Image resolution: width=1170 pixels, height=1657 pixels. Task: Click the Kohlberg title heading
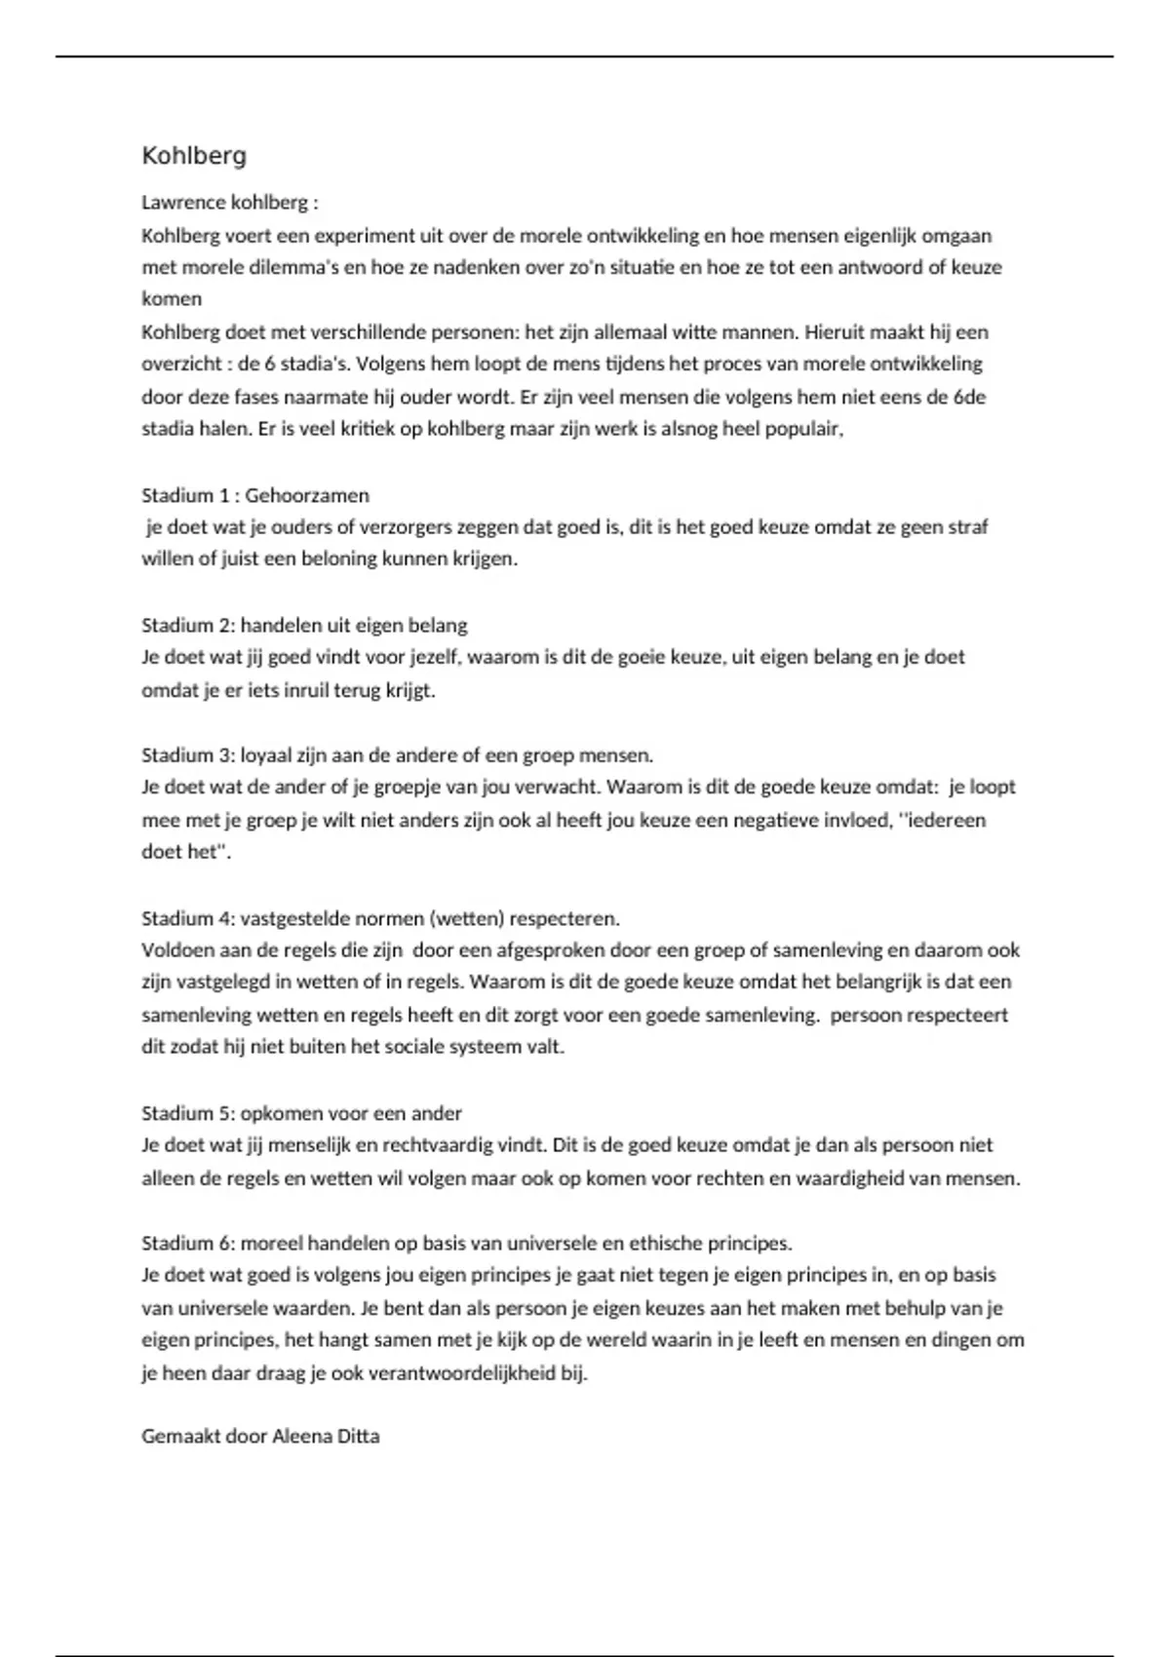194,156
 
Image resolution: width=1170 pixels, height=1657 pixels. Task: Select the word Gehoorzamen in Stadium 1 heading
307,495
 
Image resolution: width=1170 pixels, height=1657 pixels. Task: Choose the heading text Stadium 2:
188,625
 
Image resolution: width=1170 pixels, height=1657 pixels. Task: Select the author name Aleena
301,1436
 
